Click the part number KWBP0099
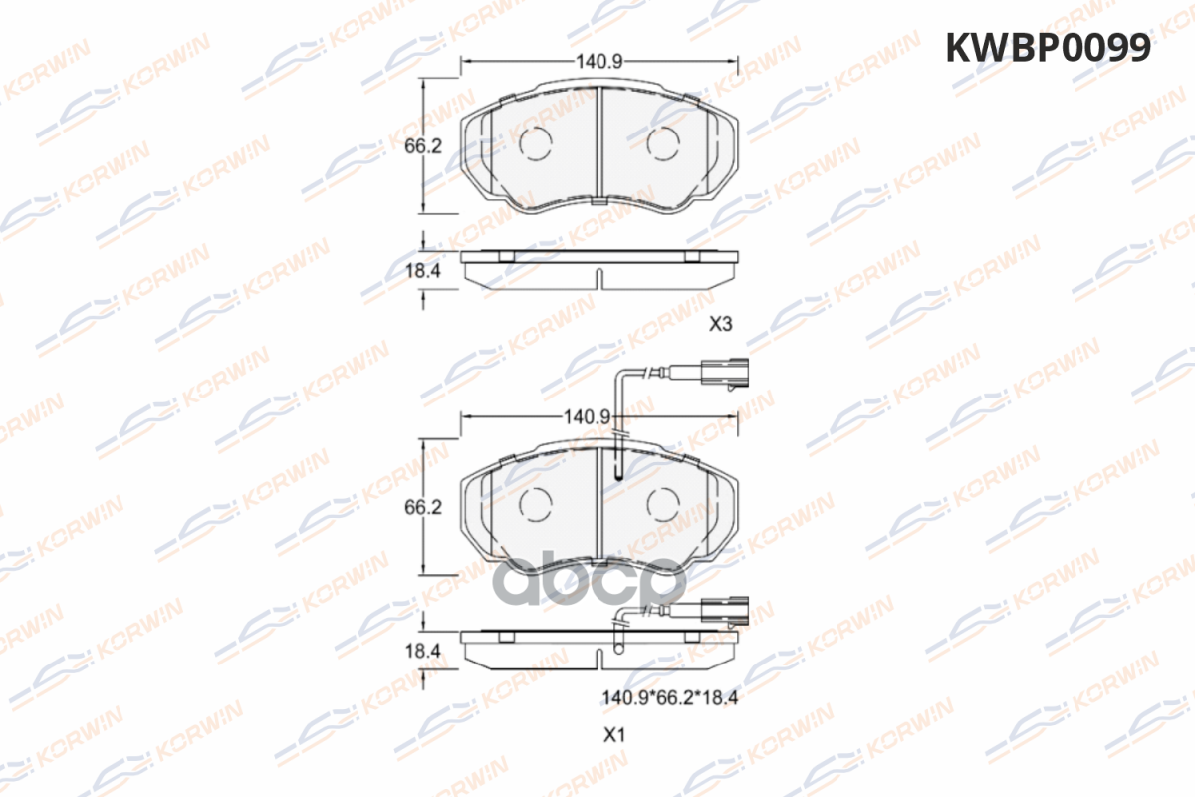point(1048,48)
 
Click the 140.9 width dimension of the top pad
point(599,62)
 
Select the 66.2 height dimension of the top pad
point(423,146)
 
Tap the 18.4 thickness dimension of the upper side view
point(423,271)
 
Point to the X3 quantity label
point(721,324)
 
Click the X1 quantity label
point(614,735)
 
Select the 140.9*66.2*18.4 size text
point(669,697)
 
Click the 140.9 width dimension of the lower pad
point(587,416)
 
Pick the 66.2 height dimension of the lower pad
point(423,507)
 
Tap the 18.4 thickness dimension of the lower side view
point(423,652)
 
